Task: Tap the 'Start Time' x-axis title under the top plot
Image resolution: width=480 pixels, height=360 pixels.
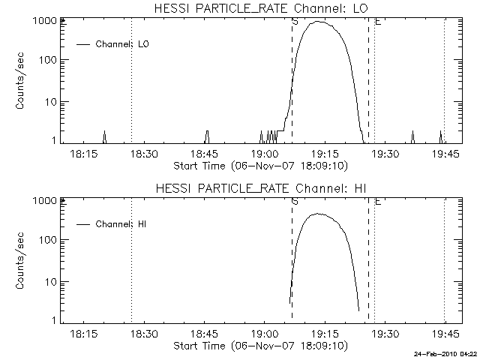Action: (x=259, y=165)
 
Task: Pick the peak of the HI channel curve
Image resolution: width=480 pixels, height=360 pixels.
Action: (x=319, y=214)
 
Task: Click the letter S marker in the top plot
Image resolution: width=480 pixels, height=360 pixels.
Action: (x=294, y=22)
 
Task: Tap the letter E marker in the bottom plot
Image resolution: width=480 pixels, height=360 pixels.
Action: (x=377, y=202)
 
